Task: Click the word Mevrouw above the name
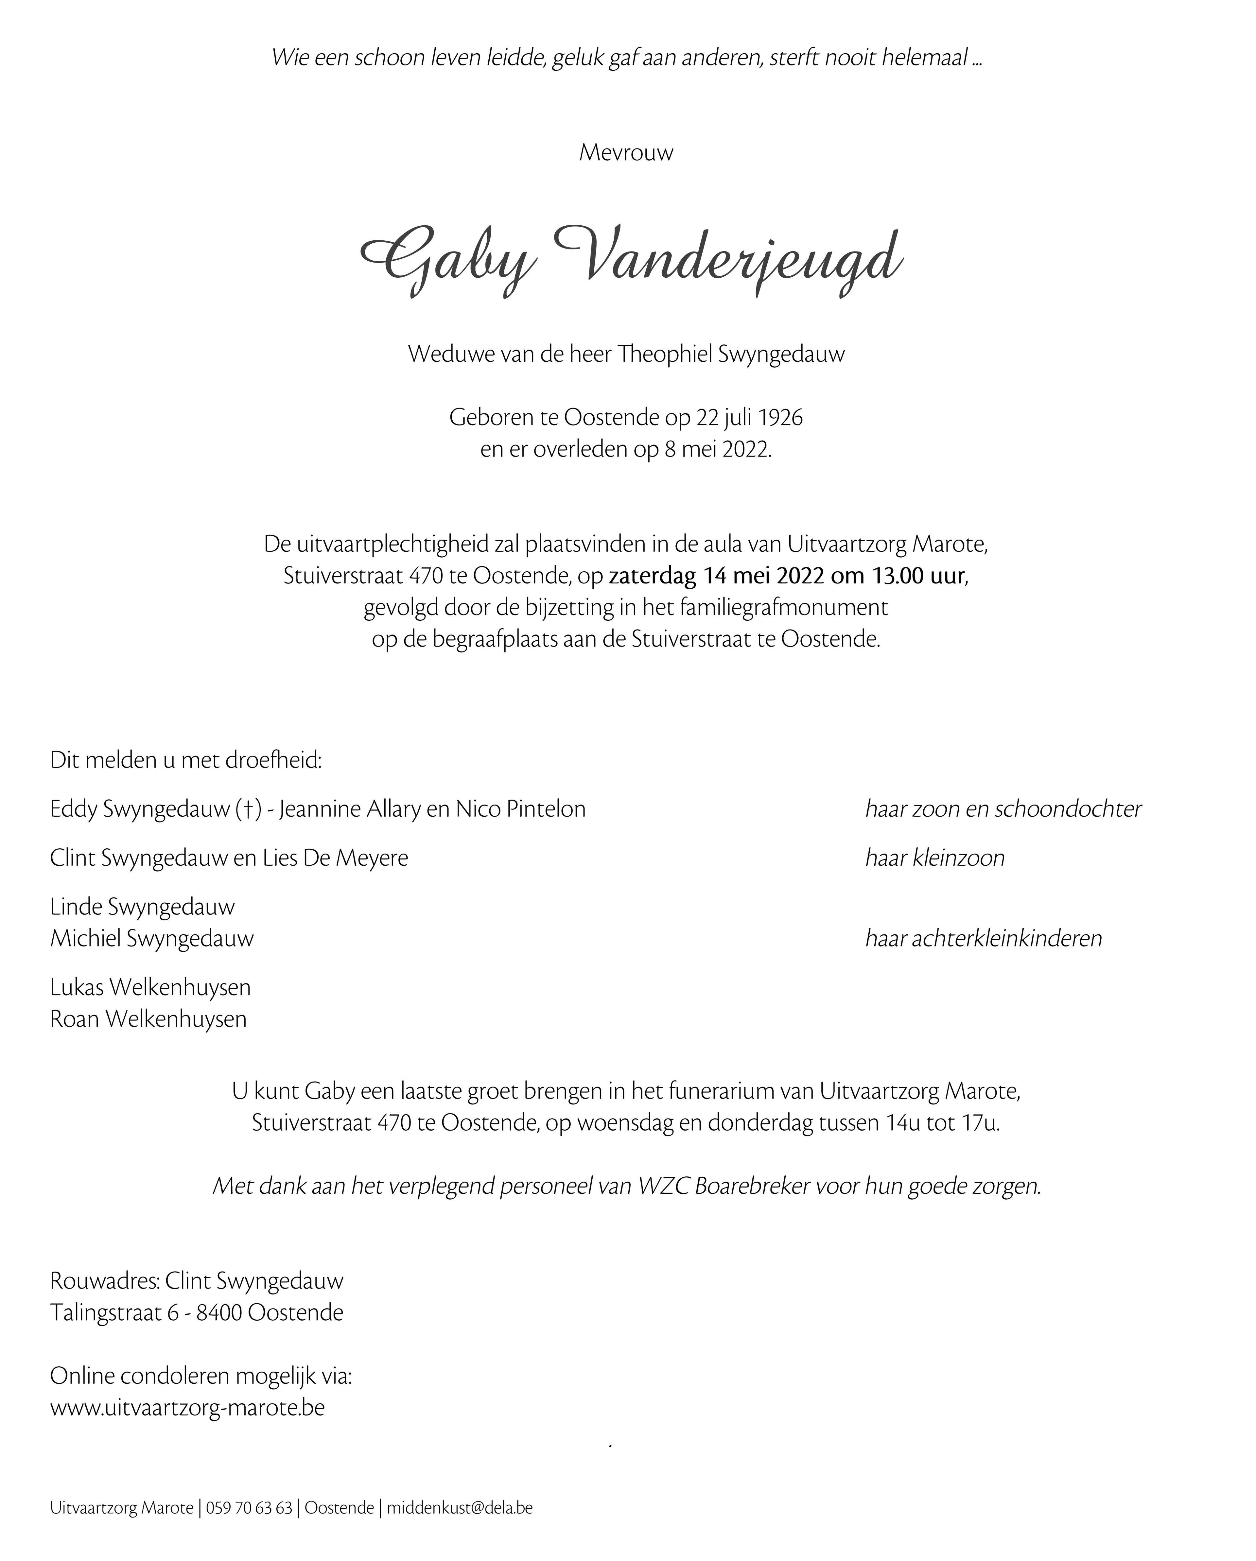[626, 153]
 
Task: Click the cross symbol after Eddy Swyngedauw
[248, 809]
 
